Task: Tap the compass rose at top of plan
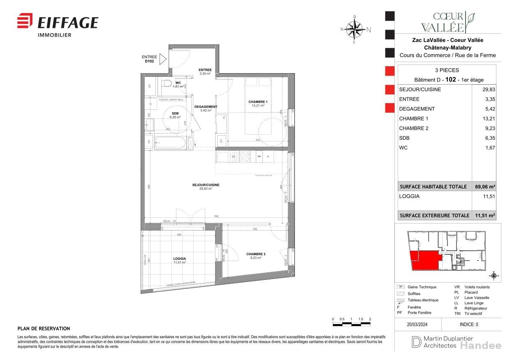[355, 29]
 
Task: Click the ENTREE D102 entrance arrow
[162, 59]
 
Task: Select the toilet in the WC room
[167, 83]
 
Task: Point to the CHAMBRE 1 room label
[258, 102]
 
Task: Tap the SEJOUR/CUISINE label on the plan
[206, 185]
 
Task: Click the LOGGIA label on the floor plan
[179, 259]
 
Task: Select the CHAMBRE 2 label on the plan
[256, 254]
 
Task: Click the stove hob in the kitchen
[245, 156]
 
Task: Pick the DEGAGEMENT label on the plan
[206, 107]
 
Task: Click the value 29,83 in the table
[489, 90]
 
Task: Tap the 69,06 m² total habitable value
[485, 187]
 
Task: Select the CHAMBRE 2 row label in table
[414, 128]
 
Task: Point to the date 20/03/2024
[417, 324]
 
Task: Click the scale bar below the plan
[352, 325]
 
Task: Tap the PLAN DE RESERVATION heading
[44, 329]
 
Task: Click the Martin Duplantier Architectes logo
[436, 342]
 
